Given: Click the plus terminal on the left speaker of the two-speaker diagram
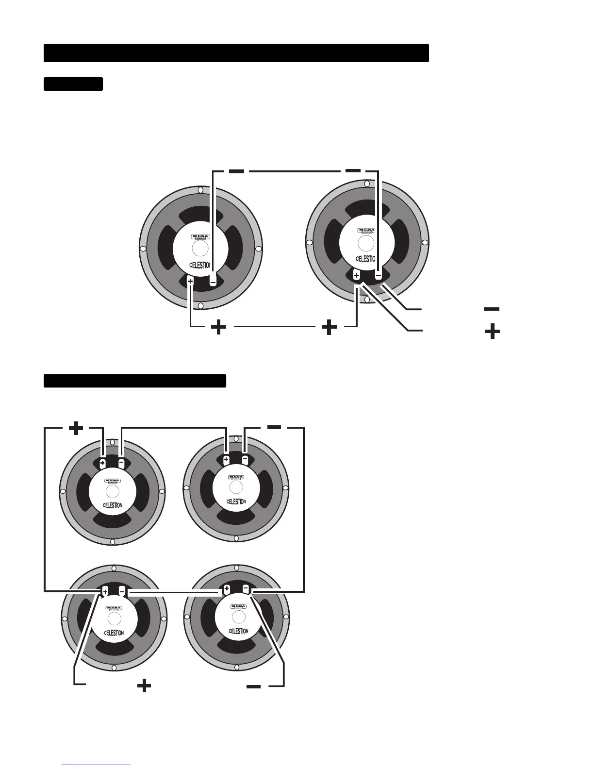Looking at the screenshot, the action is pos(190,281).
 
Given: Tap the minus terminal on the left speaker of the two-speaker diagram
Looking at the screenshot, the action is pos(213,281).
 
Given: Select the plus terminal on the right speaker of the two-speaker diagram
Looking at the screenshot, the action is pos(357,275).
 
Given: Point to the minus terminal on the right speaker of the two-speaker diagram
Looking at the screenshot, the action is pos(379,275).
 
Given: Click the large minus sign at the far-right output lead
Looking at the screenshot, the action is pos(492,309).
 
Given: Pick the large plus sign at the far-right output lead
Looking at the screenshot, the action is pos(492,332).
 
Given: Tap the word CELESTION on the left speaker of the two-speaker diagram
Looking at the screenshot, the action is pos(199,265).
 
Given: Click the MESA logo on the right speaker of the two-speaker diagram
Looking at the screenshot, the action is pos(366,231).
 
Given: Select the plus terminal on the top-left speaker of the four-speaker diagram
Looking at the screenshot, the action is pos(102,463).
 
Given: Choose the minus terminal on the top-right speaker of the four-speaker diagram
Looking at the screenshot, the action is pos(245,459).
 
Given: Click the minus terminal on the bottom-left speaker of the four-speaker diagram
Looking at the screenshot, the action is pos(122,591).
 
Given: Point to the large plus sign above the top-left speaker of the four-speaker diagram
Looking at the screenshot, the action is pos(76,428).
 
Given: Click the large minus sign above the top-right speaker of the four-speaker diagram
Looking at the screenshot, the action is pos(274,427).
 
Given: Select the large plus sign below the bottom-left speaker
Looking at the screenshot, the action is pos(144,685).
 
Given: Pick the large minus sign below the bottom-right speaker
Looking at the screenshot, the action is pos(254,686).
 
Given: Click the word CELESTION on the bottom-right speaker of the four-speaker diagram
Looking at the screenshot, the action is pos(238,631).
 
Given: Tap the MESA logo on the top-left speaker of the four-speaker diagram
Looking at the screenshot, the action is pos(113,481).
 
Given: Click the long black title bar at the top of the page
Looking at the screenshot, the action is pos(236,53).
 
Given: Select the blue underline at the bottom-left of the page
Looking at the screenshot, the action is pos(96,765).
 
